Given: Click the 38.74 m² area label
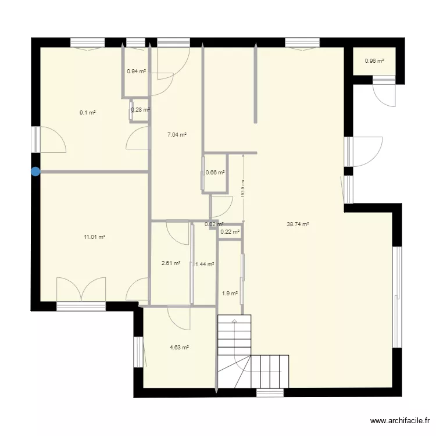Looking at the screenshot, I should coord(297,224).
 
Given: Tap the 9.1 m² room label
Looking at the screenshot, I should coord(88,113).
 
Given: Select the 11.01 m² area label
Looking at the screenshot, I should coord(95,237).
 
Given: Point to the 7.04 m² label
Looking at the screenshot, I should coord(177,134).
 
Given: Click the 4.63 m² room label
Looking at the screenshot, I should coord(179,348).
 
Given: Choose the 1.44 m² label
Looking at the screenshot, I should coord(205,264).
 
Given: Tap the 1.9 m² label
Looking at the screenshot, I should coord(230,294).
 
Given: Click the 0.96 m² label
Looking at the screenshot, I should coord(374,60).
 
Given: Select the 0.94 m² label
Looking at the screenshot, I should coord(136,72).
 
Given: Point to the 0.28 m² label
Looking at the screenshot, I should coord(140,109).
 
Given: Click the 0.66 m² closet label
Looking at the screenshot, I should coord(215,172).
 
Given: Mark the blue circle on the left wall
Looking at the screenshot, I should coord(35,171).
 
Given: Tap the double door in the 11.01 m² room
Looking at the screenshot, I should coord(81,290).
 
